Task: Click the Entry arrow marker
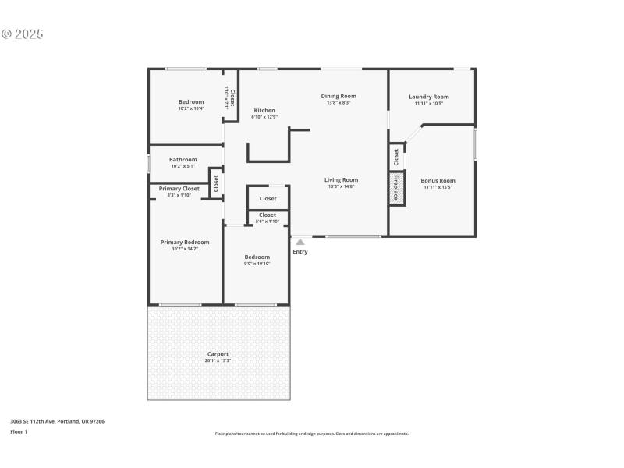click(x=300, y=242)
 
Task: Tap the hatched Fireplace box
click(x=395, y=189)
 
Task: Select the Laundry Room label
click(x=428, y=97)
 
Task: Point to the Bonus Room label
click(x=438, y=180)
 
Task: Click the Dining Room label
click(x=339, y=96)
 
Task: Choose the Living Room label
click(x=341, y=179)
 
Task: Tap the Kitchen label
click(x=264, y=110)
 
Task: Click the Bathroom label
click(x=183, y=159)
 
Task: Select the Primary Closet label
click(x=179, y=188)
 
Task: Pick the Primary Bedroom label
click(x=185, y=242)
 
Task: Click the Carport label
click(x=218, y=353)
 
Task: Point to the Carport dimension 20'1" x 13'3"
click(x=218, y=360)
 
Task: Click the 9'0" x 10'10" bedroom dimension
click(x=257, y=264)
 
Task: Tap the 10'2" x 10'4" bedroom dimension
click(x=191, y=108)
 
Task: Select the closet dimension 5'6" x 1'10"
click(x=268, y=222)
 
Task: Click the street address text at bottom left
click(x=57, y=421)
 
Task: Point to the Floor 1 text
click(x=19, y=431)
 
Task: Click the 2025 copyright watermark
click(x=23, y=34)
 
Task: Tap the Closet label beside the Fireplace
click(x=396, y=157)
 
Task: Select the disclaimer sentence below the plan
click(x=311, y=434)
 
